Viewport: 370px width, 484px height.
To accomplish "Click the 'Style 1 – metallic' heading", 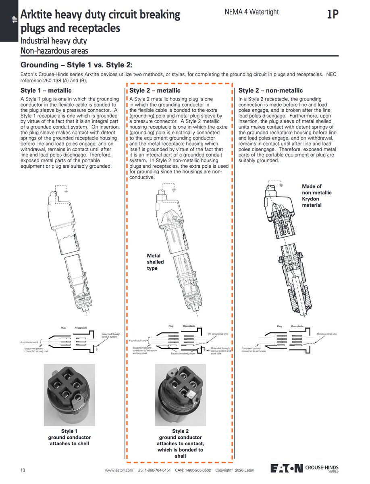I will (46, 91).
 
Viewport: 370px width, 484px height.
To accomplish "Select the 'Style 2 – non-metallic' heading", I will (270, 91).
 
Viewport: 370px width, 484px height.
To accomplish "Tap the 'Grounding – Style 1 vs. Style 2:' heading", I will (76, 65).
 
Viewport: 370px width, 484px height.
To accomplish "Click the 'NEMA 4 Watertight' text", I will (252, 12).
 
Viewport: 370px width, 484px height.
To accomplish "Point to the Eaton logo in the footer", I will (287, 468).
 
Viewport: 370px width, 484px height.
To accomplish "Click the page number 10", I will (23, 471).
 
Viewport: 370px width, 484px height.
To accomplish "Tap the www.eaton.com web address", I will (119, 471).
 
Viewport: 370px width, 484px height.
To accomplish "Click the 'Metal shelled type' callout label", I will (154, 262).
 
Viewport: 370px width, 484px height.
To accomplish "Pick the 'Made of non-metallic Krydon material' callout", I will (317, 196).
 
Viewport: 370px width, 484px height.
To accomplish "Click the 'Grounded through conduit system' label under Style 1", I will (111, 335).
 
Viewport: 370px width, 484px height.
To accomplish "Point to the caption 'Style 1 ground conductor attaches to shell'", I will (69, 437).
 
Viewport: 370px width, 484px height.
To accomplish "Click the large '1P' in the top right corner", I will (333, 15).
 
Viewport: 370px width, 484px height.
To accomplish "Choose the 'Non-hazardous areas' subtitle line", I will (54, 50).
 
